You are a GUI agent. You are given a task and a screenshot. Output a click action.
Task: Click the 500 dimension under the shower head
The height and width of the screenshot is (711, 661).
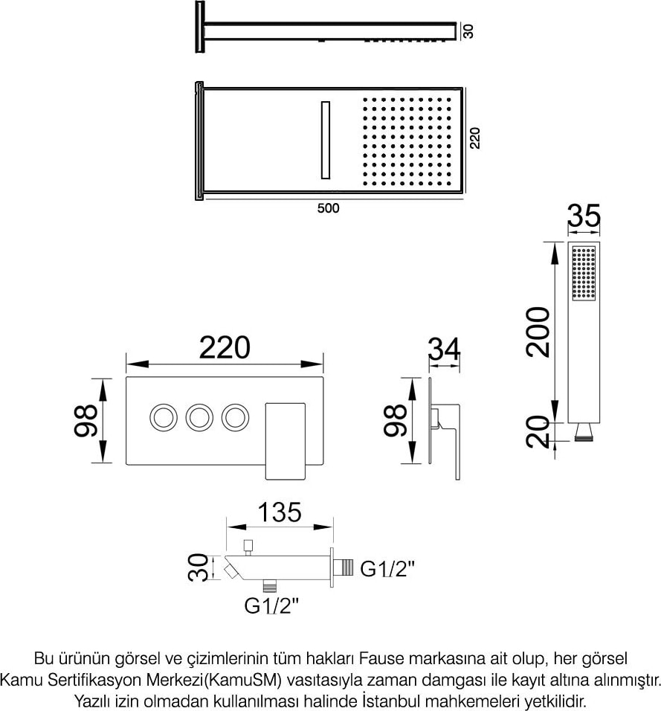pos(328,208)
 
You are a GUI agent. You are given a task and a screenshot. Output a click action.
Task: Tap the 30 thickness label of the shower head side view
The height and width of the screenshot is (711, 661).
pos(468,30)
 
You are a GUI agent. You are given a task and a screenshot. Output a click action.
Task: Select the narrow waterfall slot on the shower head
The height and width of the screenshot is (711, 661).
pos(325,140)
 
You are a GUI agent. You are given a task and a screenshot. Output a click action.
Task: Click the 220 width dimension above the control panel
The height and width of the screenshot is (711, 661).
pos(225,347)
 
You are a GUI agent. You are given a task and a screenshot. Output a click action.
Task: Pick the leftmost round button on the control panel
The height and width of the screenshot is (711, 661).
pos(164,417)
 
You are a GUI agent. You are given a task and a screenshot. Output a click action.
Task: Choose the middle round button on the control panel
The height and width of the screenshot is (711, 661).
pos(199,417)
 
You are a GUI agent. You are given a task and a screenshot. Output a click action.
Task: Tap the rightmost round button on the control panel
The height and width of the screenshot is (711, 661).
pos(235,417)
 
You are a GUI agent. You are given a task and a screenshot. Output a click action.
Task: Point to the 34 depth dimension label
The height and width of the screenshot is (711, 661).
pos(445,348)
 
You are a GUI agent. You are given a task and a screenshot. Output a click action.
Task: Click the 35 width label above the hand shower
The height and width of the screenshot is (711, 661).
pos(584,216)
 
